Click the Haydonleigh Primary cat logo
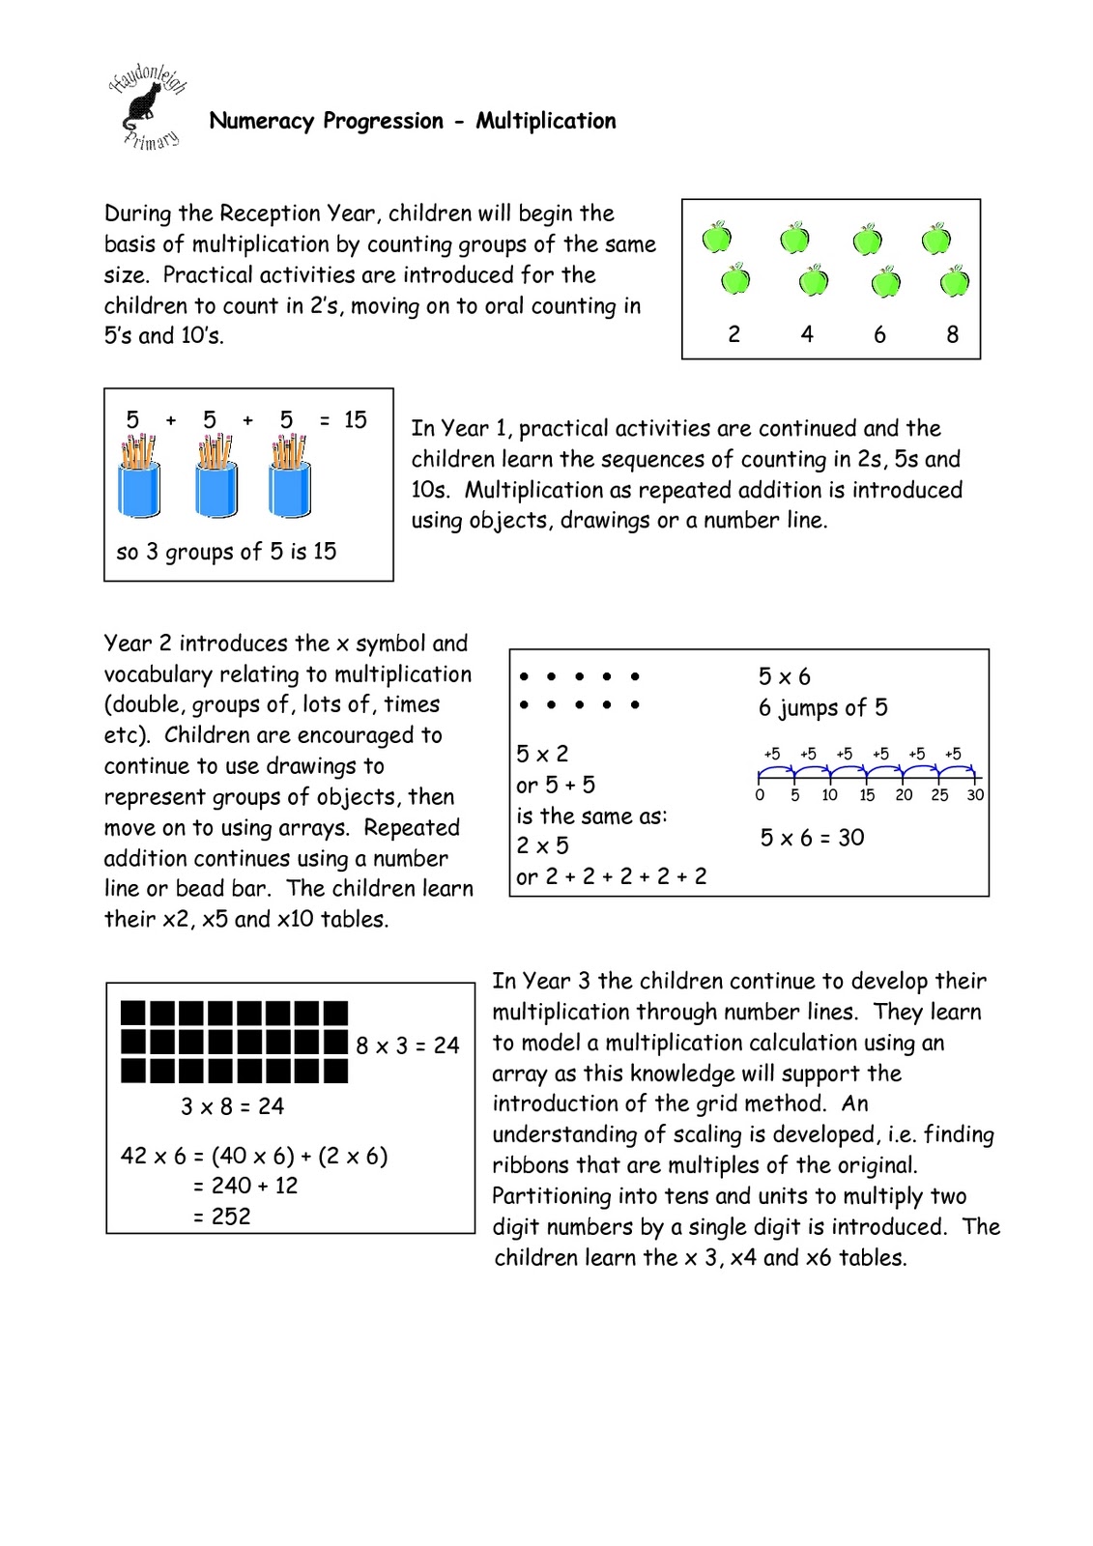[x=147, y=106]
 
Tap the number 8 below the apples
[x=952, y=334]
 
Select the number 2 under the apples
[x=733, y=334]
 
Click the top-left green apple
[x=716, y=237]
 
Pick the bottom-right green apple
[x=954, y=282]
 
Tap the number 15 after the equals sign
[x=355, y=419]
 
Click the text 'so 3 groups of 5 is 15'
[x=226, y=552]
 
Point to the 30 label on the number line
[x=975, y=795]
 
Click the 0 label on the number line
[x=760, y=795]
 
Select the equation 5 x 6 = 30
[x=812, y=838]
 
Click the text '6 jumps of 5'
[x=822, y=708]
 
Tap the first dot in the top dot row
[x=524, y=677]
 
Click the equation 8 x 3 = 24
[x=407, y=1045]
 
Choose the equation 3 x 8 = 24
[x=232, y=1106]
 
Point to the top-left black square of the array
[x=133, y=1013]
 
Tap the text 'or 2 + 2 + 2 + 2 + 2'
[x=611, y=876]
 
